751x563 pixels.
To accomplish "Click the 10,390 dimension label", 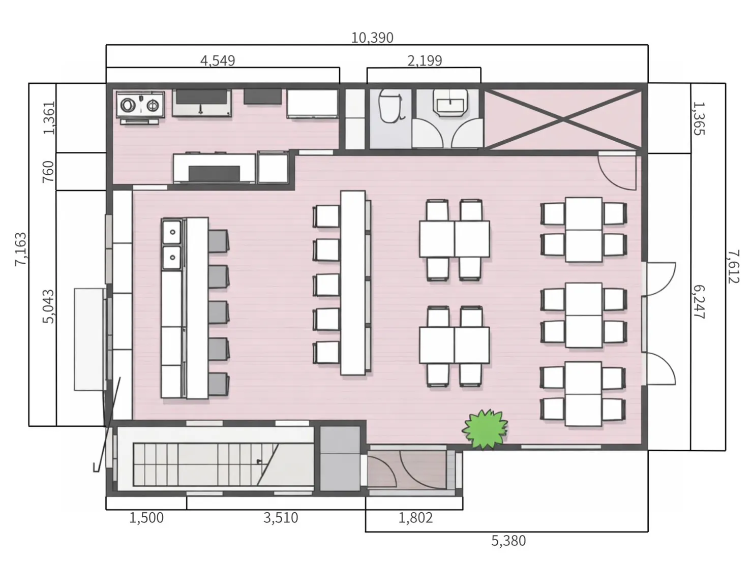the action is click(x=372, y=38).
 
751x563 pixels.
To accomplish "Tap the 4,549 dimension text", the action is click(x=218, y=61).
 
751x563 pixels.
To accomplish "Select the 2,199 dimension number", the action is click(x=425, y=61).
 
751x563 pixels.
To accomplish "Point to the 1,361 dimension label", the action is click(x=49, y=118).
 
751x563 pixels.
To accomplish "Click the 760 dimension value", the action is click(x=48, y=172).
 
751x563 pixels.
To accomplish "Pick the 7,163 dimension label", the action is click(x=20, y=249).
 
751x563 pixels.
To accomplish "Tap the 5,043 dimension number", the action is click(x=48, y=306).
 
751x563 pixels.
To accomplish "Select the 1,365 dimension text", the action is click(x=699, y=118).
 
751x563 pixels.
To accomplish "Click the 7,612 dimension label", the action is click(x=733, y=267).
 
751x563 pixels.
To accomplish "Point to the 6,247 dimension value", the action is click(x=699, y=302).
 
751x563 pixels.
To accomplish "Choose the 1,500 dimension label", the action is click(x=146, y=518).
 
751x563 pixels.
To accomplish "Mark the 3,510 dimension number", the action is click(x=281, y=518).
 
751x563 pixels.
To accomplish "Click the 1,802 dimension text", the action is click(x=415, y=518).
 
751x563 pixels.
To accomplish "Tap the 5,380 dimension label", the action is click(x=508, y=541).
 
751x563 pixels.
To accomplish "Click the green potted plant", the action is click(x=485, y=429).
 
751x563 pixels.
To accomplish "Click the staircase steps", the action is click(x=205, y=464).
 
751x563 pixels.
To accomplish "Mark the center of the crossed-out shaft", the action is click(x=563, y=119).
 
